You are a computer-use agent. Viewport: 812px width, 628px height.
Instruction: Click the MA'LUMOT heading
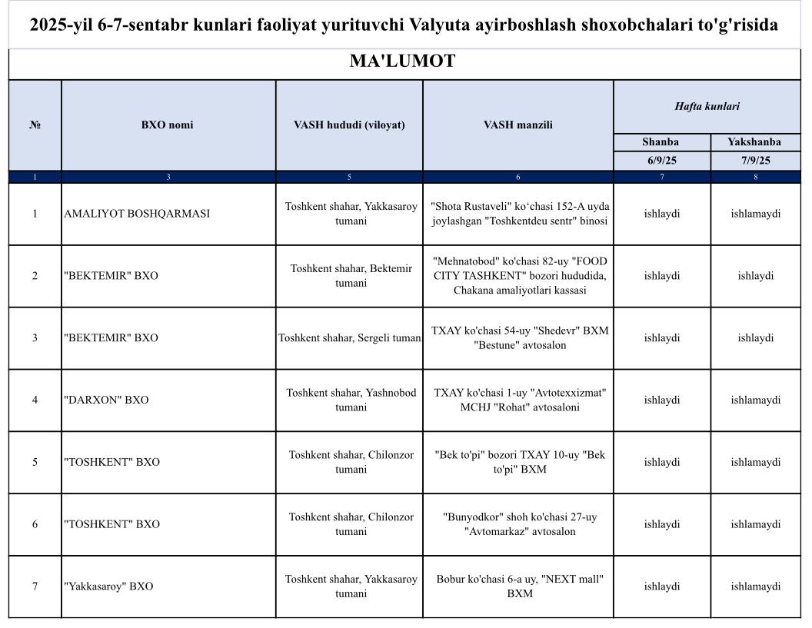tap(402, 61)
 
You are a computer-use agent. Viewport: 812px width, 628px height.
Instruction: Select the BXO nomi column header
tap(168, 125)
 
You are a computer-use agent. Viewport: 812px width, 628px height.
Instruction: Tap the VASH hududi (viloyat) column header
tap(349, 125)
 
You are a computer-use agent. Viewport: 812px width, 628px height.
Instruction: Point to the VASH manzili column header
tap(517, 125)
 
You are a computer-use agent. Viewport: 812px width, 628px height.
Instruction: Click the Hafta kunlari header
tap(707, 107)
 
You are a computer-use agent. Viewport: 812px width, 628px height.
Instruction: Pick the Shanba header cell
tap(661, 142)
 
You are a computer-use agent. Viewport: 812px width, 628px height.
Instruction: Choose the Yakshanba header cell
tap(754, 142)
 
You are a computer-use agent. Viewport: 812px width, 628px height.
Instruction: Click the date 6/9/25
tap(661, 161)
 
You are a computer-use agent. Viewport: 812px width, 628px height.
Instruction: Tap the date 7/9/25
tap(754, 161)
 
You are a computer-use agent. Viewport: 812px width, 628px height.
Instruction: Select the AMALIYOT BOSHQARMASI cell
tap(137, 214)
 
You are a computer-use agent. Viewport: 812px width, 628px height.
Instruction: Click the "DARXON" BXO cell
tap(106, 400)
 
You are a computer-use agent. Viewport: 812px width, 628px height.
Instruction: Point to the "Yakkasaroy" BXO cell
tap(108, 586)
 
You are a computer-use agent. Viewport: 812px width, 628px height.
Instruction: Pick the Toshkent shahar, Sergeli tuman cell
tap(350, 338)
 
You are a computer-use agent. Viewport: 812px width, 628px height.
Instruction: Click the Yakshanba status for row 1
tap(755, 214)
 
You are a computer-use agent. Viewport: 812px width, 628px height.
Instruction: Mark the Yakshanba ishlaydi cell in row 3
tap(755, 338)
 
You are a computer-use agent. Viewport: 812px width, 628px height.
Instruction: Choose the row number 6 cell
tap(35, 524)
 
